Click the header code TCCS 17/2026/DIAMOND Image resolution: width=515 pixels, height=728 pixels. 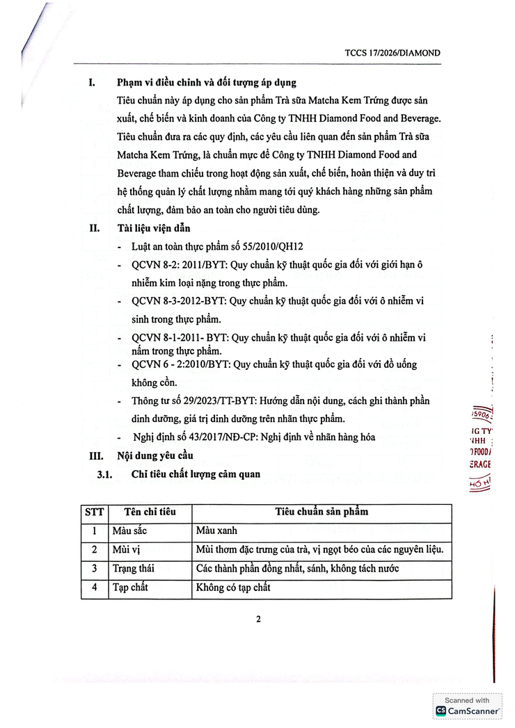pyautogui.click(x=393, y=53)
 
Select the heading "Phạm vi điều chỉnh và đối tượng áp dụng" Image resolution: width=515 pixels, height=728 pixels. pyautogui.click(x=207, y=83)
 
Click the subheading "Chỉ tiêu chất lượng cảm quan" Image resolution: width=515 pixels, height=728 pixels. pyautogui.click(x=196, y=474)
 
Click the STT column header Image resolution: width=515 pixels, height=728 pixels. pyautogui.click(x=94, y=512)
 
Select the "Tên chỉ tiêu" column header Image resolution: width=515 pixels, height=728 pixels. pyautogui.click(x=150, y=512)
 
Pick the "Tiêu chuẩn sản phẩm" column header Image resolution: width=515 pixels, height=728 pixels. pyautogui.click(x=322, y=512)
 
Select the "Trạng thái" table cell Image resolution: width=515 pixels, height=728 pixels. pyautogui.click(x=133, y=569)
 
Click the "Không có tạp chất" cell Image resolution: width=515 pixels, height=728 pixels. pyautogui.click(x=233, y=588)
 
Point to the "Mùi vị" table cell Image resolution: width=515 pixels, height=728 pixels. pyautogui.click(x=126, y=550)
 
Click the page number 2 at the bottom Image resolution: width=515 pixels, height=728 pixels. pyautogui.click(x=257, y=620)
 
